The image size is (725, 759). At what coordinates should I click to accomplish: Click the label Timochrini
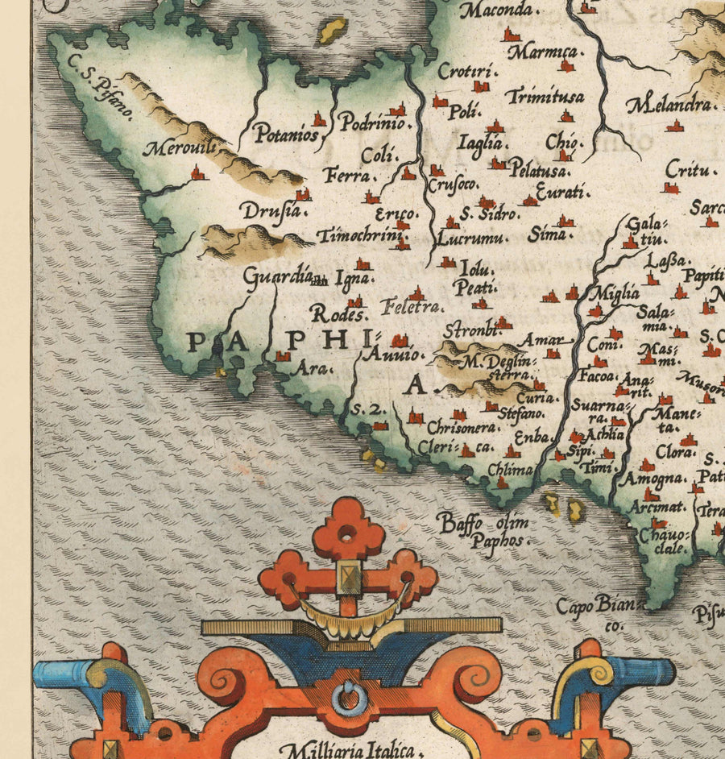(x=359, y=236)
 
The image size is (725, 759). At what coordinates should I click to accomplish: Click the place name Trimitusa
(x=545, y=96)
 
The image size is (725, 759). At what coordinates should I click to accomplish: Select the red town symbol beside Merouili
(x=197, y=173)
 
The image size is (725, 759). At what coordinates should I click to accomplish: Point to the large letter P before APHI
(x=197, y=343)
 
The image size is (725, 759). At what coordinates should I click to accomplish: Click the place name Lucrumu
(x=472, y=238)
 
